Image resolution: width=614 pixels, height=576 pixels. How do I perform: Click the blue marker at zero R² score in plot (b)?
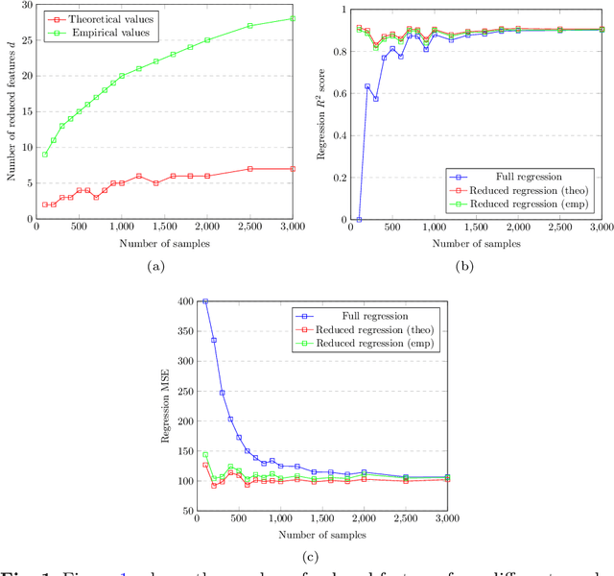[x=359, y=220]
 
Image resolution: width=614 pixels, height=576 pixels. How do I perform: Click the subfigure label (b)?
[x=468, y=267]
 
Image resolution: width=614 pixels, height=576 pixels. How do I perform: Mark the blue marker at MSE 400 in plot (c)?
[x=204, y=301]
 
